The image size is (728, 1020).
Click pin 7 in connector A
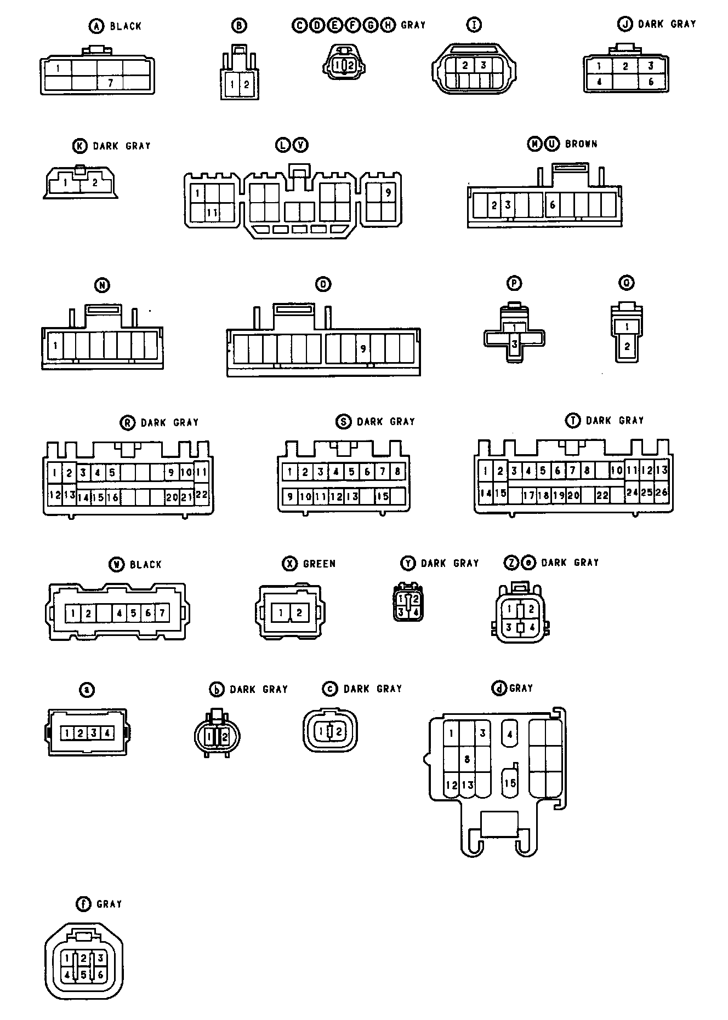(x=111, y=83)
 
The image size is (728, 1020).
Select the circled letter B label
(x=239, y=25)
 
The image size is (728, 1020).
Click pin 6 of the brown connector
(x=553, y=205)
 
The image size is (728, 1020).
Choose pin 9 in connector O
(x=362, y=348)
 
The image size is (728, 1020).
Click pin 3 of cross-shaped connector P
(x=514, y=345)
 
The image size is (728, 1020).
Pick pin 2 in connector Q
(x=627, y=346)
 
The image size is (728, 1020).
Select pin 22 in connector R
(x=201, y=495)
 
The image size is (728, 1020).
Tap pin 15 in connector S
(x=382, y=496)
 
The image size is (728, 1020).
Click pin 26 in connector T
(x=662, y=492)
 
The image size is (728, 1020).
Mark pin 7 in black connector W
(x=162, y=614)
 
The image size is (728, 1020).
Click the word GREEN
(x=319, y=564)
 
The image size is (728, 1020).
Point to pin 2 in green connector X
(x=299, y=612)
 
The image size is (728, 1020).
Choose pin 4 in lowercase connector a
(x=107, y=733)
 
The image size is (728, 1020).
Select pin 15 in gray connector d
(x=510, y=783)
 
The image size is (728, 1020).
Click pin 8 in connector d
(x=467, y=759)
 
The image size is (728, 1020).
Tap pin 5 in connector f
(x=83, y=975)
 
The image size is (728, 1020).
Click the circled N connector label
(x=102, y=285)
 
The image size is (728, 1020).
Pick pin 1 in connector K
(x=65, y=182)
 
